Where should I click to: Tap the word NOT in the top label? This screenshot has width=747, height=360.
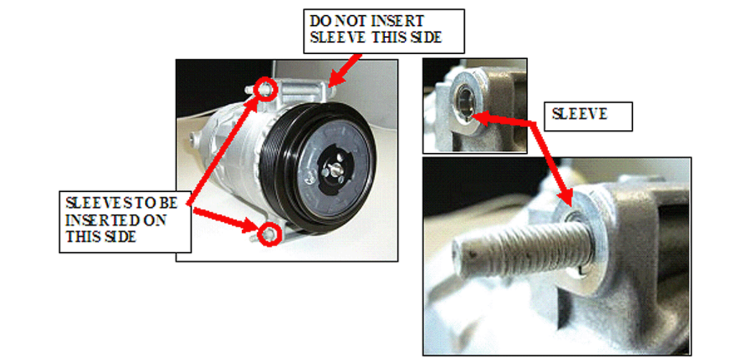[x=351, y=21]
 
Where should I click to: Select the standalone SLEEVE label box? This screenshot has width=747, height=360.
[x=588, y=116]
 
